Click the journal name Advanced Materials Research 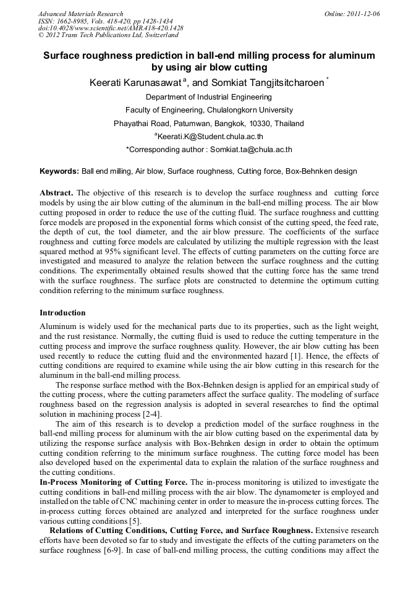tap(80, 14)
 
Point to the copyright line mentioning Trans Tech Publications tap(108, 35)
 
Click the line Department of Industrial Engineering tap(209, 97)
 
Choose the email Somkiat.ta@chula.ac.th tap(251, 150)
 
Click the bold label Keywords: tap(59, 171)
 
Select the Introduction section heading tap(62, 313)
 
